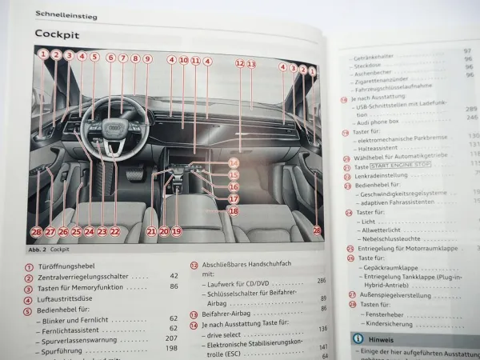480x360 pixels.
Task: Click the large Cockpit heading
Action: coord(58,34)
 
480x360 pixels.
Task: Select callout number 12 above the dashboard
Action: coord(239,62)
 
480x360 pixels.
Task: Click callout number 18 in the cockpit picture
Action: coord(233,211)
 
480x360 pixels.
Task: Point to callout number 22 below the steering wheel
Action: coord(114,231)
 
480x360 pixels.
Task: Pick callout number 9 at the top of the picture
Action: coord(147,58)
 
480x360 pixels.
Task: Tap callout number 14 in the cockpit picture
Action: coord(233,162)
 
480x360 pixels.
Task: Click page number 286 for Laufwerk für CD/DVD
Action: coord(322,281)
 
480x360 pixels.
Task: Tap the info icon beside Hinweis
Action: coord(358,339)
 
